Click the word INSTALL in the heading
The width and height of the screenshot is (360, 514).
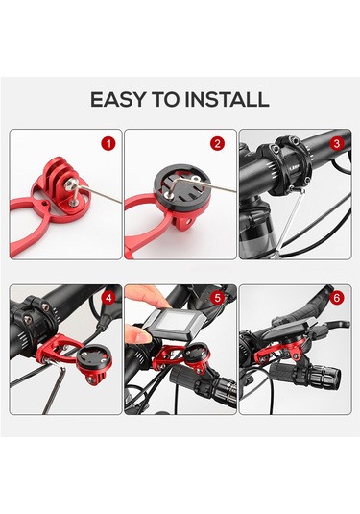(x=227, y=100)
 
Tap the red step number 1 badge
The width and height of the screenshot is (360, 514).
(x=108, y=143)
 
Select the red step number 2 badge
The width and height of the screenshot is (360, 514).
(x=218, y=143)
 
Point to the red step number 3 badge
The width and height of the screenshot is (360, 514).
(x=337, y=143)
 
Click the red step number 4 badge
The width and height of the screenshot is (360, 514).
(x=108, y=298)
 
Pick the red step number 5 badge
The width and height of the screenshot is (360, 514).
(x=218, y=298)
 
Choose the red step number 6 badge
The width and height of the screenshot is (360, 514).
(x=337, y=298)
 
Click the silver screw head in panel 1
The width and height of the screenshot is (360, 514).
(x=69, y=185)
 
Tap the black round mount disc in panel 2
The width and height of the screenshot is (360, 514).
(x=181, y=189)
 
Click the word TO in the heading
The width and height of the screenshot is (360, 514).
(x=165, y=100)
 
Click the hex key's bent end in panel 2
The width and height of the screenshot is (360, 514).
(x=168, y=193)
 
